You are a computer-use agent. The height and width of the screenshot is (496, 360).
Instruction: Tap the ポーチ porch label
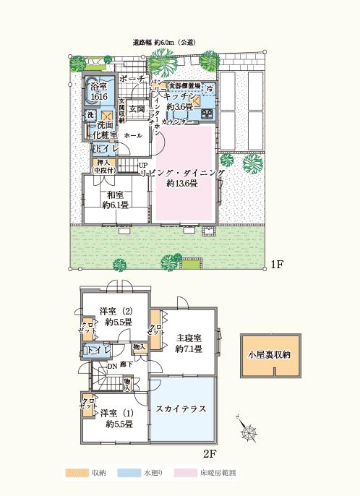tap(134, 79)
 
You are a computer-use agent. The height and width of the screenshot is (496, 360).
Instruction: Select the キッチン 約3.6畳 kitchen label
tap(177, 101)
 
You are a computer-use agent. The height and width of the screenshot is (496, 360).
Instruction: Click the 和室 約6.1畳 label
tap(114, 200)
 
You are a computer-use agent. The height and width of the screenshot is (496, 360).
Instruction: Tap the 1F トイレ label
tap(101, 148)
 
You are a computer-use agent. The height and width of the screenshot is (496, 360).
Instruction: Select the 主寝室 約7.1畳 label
tap(188, 343)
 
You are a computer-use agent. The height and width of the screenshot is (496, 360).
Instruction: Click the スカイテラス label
tap(181, 409)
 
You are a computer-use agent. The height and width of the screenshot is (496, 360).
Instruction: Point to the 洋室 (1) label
tap(116, 418)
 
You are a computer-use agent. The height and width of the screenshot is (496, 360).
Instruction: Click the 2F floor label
tap(210, 455)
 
